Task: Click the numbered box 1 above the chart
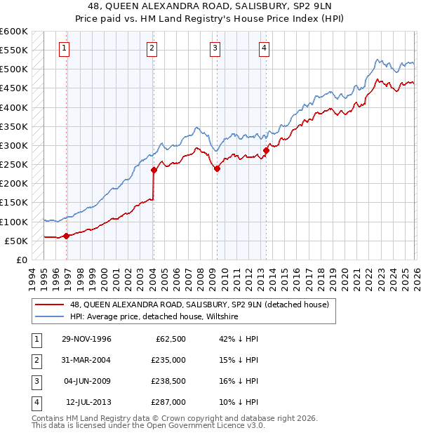click(64, 48)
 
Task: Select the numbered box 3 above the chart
click(214, 48)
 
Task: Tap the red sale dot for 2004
click(154, 169)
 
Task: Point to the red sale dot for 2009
click(217, 168)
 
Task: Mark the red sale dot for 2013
click(266, 150)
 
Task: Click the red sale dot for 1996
click(66, 236)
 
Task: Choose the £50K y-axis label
click(17, 241)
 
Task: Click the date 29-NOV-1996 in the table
click(86, 339)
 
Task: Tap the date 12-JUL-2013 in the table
click(88, 402)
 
